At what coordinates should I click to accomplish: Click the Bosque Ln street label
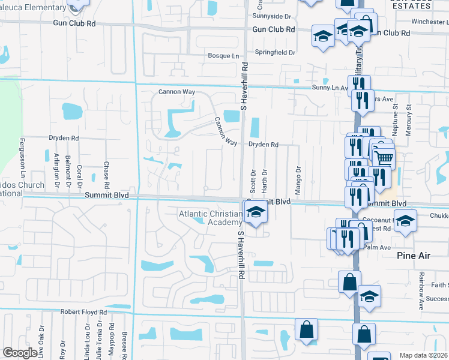[x=223, y=56]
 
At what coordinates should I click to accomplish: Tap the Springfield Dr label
[x=275, y=52]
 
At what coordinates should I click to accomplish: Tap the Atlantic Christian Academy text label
[x=210, y=218]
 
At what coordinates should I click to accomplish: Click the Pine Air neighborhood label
[x=414, y=256]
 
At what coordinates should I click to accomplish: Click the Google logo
[x=20, y=353]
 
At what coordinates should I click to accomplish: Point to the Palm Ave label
[x=377, y=247]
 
